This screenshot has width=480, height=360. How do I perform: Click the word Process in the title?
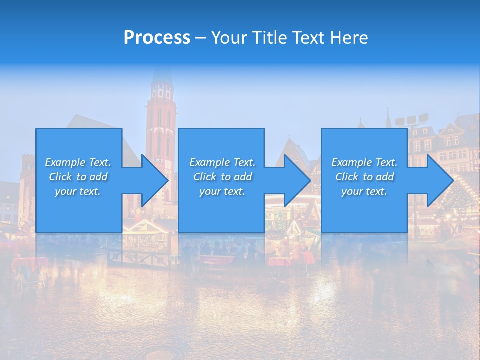(x=157, y=38)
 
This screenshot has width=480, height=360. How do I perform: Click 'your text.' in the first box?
(x=78, y=191)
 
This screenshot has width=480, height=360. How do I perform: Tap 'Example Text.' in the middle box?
(x=222, y=162)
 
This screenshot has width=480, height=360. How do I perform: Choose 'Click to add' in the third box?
(x=364, y=177)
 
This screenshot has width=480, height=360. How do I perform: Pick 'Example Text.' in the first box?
(x=78, y=162)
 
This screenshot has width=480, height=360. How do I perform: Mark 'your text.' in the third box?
(x=364, y=191)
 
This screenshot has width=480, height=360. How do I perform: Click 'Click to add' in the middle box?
(x=222, y=177)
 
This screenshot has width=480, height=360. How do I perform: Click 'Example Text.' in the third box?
(x=364, y=162)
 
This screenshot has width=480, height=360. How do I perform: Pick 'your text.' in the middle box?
(x=222, y=191)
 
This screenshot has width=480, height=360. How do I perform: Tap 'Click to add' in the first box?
(x=78, y=177)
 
